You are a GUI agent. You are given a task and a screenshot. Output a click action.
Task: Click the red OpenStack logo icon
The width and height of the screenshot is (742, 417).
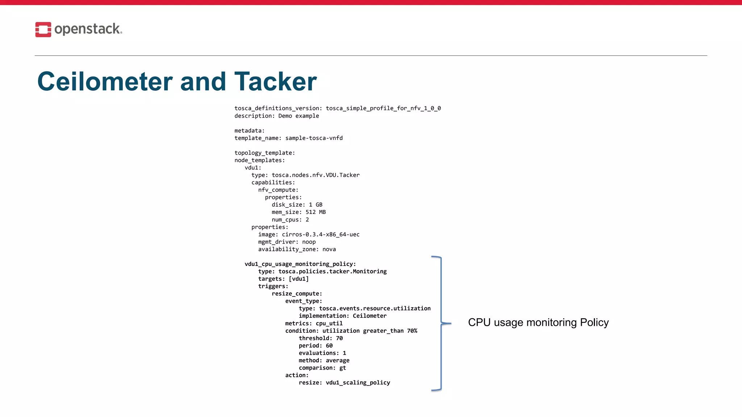point(43,29)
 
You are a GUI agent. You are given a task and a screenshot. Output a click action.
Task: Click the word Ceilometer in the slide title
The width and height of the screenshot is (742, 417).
point(105,81)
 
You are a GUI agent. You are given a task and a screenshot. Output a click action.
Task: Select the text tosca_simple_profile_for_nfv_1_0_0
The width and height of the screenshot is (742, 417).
point(383,108)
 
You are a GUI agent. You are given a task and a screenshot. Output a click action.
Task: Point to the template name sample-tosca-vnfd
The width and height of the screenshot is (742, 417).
point(314,138)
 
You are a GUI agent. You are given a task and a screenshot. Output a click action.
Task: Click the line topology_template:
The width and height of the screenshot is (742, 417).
point(264,153)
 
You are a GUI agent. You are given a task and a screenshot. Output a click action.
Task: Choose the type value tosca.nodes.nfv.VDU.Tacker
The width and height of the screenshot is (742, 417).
point(316,175)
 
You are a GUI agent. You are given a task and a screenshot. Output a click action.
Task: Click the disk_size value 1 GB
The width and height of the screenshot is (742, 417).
point(316,205)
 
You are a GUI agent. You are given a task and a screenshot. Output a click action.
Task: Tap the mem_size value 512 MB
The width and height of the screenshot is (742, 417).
point(316,212)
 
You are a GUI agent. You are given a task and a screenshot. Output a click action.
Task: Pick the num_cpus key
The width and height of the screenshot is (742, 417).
point(286,220)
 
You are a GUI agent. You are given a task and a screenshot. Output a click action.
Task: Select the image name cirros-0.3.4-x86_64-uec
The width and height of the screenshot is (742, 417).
point(321,235)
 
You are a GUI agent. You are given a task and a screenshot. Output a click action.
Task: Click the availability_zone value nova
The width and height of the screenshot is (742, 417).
point(329,249)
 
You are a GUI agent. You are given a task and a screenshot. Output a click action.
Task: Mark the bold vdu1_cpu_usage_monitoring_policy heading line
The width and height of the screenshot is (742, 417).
point(300,264)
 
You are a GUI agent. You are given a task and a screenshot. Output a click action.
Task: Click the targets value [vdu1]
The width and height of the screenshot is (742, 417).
point(299,279)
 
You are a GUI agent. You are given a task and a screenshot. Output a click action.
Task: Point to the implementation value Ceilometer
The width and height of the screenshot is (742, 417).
point(370,316)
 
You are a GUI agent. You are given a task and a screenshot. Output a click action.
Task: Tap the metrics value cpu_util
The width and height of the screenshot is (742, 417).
point(329,324)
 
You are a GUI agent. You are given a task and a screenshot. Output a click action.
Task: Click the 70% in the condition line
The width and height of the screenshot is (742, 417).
point(412,331)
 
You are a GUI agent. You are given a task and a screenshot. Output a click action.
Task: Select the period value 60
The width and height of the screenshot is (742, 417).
point(329,346)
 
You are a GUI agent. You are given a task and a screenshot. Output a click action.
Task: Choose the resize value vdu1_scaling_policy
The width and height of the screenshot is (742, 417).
point(358,383)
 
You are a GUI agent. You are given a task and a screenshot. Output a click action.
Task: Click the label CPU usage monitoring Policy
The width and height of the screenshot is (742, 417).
point(538,323)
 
